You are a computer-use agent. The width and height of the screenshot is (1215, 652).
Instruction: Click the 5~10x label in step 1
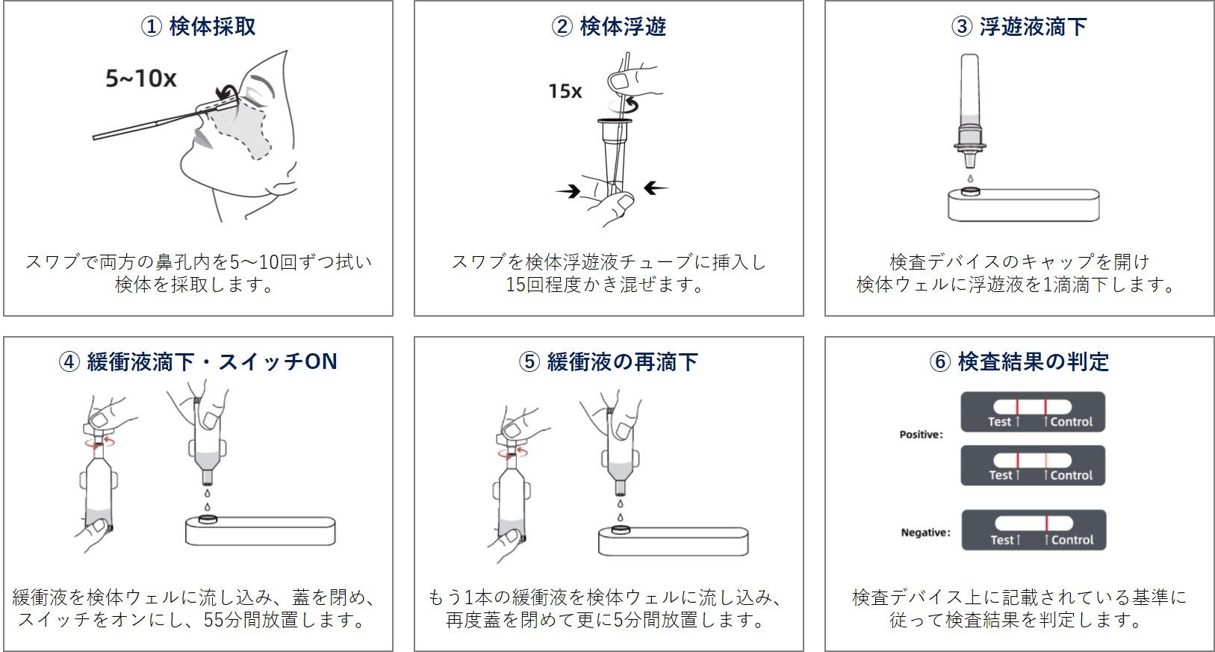pyautogui.click(x=140, y=78)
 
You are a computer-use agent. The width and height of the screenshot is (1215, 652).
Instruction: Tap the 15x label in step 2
pyautogui.click(x=565, y=91)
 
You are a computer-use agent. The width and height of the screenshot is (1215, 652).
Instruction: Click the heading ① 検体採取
pyautogui.click(x=198, y=27)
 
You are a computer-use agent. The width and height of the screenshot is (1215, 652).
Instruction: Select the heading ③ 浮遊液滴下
pyautogui.click(x=1019, y=27)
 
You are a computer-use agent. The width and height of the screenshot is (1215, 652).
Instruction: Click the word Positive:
pyautogui.click(x=920, y=435)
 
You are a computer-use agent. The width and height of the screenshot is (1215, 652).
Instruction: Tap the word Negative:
pyautogui.click(x=925, y=533)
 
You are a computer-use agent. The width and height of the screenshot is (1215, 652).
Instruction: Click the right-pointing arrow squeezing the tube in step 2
pyautogui.click(x=568, y=192)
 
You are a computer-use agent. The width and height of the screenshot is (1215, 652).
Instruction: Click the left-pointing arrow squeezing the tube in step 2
pyautogui.click(x=656, y=188)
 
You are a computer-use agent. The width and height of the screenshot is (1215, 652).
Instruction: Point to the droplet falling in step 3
pyautogui.click(x=970, y=178)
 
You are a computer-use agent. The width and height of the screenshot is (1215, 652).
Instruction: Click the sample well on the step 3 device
pyautogui.click(x=970, y=192)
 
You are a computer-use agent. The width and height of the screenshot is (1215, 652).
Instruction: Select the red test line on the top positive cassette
pyautogui.click(x=1017, y=407)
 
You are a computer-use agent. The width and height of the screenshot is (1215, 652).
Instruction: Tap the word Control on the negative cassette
pyautogui.click(x=1072, y=540)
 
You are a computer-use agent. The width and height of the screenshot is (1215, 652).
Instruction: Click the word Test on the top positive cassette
pyautogui.click(x=999, y=422)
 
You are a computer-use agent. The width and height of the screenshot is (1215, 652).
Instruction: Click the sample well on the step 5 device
pyautogui.click(x=620, y=530)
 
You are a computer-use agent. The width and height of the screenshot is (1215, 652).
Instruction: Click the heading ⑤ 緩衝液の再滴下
pyautogui.click(x=608, y=362)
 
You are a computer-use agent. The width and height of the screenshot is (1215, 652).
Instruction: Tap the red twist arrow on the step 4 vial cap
pyautogui.click(x=99, y=442)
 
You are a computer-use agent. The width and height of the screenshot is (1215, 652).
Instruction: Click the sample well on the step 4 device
pyautogui.click(x=207, y=518)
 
